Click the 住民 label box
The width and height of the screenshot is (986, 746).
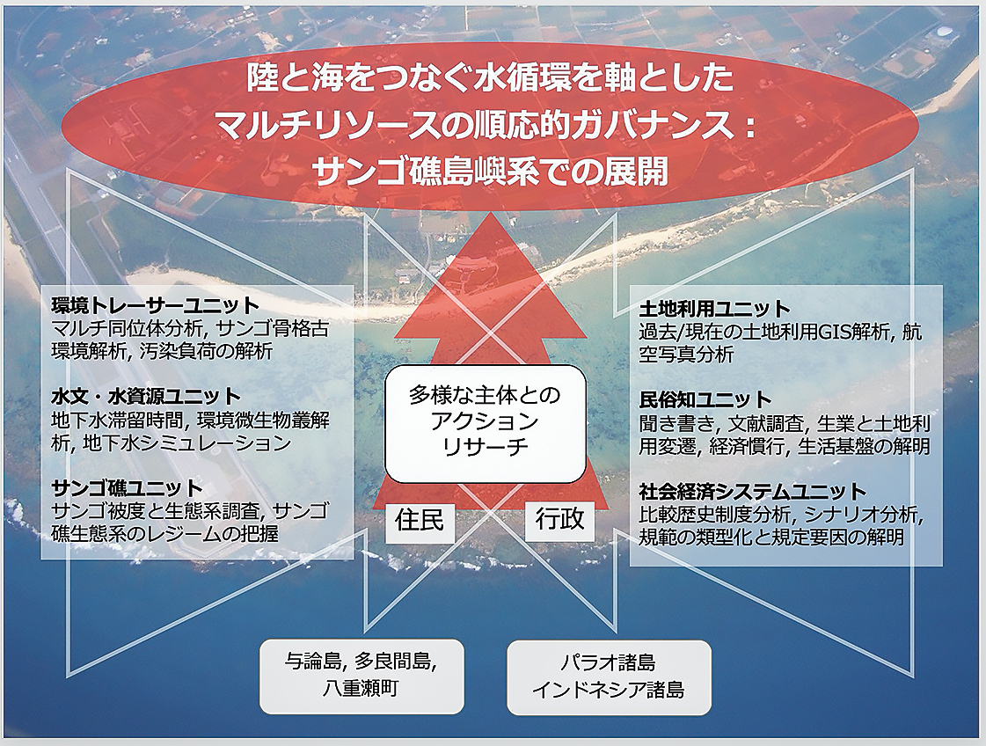point(420,521)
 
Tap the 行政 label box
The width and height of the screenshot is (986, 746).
point(559,520)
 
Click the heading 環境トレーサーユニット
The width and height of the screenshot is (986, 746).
point(156,305)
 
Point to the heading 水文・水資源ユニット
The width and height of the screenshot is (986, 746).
point(146,396)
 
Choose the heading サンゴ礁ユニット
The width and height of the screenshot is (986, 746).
point(127,488)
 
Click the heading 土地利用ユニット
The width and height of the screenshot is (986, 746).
point(714,309)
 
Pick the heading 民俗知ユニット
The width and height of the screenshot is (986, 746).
point(705,399)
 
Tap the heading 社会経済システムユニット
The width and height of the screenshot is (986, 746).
point(753,491)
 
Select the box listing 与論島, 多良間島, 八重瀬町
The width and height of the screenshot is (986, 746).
point(362,677)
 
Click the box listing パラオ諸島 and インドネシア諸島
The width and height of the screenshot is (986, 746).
point(609,677)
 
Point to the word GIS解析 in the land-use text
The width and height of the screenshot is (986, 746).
point(853,332)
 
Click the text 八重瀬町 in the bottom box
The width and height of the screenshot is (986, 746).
point(361,689)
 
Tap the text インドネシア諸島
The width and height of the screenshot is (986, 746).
point(608,690)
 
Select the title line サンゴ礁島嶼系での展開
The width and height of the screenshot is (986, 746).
point(490,171)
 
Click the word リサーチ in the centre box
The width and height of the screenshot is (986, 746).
point(485,447)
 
